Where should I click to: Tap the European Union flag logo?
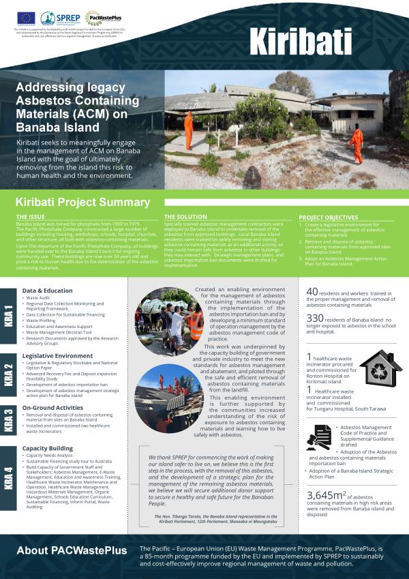(28, 18)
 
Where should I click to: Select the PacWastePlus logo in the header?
(93, 18)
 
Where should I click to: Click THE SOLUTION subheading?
(185, 218)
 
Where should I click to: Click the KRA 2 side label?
(8, 374)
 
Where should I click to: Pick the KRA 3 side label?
(8, 420)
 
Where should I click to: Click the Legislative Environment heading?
(59, 356)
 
